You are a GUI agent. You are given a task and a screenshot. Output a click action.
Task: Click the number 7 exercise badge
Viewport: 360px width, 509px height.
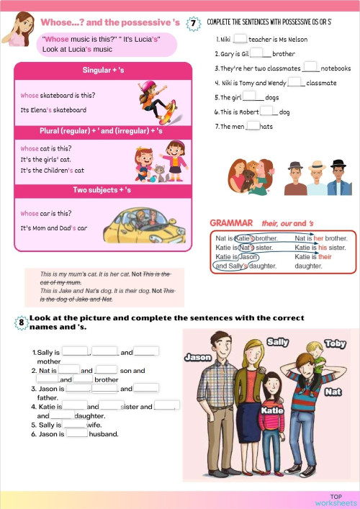[x=193, y=24]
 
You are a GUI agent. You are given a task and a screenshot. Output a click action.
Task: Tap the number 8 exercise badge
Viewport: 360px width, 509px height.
[x=21, y=323]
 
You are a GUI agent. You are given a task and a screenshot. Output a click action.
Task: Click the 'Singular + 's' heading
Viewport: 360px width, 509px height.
[x=102, y=70]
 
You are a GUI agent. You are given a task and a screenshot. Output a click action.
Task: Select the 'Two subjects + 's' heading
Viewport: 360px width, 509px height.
[x=102, y=190]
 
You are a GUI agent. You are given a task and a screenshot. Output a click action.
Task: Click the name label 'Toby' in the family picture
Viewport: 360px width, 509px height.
[x=336, y=343]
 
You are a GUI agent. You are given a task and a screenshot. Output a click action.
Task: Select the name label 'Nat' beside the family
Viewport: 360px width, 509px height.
[x=333, y=392]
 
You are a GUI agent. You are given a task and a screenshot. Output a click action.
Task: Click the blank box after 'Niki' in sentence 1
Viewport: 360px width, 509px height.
[x=240, y=40]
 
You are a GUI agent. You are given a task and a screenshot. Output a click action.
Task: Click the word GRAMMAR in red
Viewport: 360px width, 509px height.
[x=231, y=223]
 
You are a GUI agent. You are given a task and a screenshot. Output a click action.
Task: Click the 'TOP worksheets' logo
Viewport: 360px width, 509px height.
[x=336, y=500]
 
